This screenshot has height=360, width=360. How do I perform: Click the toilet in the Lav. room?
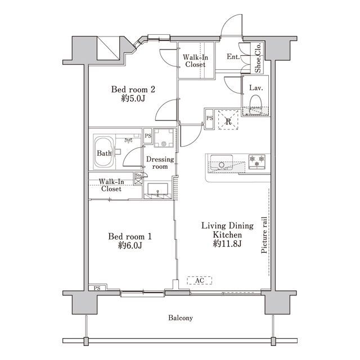pyautogui.click(x=256, y=105)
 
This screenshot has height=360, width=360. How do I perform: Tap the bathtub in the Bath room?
pyautogui.click(x=104, y=152)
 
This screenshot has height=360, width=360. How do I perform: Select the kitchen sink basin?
pyautogui.click(x=222, y=163)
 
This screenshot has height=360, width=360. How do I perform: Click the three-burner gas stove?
pyautogui.click(x=257, y=161)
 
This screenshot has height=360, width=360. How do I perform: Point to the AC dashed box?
pyautogui.click(x=199, y=280)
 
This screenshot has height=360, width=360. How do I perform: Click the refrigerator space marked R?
pyautogui.click(x=228, y=120)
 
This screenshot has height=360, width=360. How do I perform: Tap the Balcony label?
pyautogui.click(x=181, y=318)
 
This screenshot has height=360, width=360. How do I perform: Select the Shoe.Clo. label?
pyautogui.click(x=258, y=57)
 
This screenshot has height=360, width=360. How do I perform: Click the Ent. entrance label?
pyautogui.click(x=233, y=56)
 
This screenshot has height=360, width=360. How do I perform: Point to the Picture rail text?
pyautogui.click(x=264, y=235)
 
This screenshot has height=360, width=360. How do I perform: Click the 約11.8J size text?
pyautogui.click(x=227, y=244)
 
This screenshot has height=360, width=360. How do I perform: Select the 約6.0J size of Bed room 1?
pyautogui.click(x=130, y=245)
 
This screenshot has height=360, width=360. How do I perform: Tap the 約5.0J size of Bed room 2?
pyautogui.click(x=133, y=98)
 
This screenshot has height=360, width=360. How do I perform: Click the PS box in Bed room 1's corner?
pyautogui.click(x=97, y=287)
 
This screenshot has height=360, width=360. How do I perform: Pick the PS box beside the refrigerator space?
pyautogui.click(x=209, y=119)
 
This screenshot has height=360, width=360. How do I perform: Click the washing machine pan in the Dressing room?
pyautogui.click(x=164, y=138)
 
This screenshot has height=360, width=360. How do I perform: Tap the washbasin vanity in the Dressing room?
pyautogui.click(x=157, y=191)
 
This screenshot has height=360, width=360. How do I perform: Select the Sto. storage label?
pyautogui.click(x=138, y=175)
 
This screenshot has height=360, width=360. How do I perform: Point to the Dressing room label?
pyautogui.click(x=160, y=163)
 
